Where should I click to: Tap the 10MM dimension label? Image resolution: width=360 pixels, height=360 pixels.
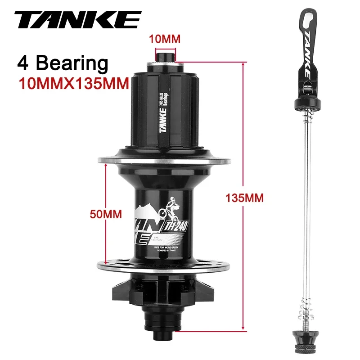point(165,39)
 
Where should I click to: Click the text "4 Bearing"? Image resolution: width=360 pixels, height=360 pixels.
point(63,63)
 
